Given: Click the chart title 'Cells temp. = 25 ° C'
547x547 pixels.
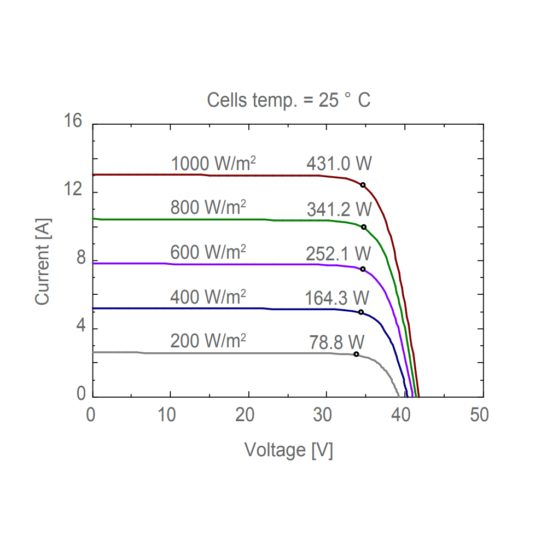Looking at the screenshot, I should click(x=288, y=100).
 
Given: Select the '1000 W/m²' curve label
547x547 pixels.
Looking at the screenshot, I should click(x=214, y=164).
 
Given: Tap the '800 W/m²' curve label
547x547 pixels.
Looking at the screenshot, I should click(x=208, y=208).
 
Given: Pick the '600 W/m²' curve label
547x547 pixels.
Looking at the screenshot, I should click(x=208, y=253).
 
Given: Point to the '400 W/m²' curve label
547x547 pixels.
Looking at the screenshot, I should click(x=208, y=297).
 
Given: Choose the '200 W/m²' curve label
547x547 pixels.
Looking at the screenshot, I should click(x=208, y=341).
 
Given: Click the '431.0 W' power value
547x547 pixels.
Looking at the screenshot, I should click(x=339, y=164).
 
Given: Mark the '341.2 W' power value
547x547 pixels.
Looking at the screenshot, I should click(x=339, y=209).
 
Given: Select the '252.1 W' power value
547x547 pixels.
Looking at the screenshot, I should click(x=339, y=254).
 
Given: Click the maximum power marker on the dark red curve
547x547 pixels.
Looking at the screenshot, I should click(x=363, y=185).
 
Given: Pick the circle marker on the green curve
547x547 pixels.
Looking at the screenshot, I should click(x=364, y=227).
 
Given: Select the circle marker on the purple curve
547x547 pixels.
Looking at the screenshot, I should click(x=363, y=269).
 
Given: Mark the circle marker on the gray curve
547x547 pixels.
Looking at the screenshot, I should click(x=356, y=354).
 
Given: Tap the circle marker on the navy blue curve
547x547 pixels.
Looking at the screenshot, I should click(x=361, y=312).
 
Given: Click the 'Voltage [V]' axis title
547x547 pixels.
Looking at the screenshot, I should click(x=288, y=450).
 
